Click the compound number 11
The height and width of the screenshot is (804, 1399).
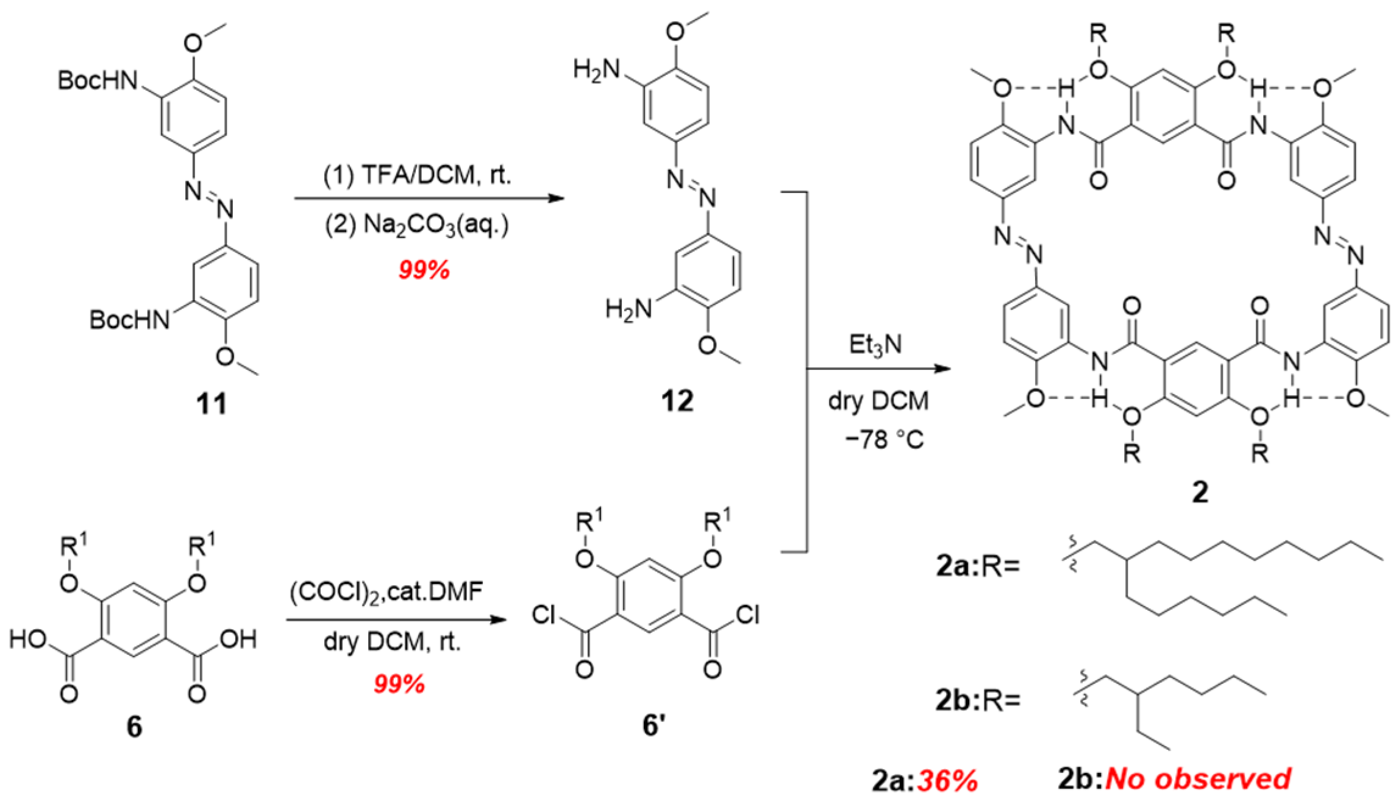pyautogui.click(x=211, y=403)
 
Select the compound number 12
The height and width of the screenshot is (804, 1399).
pyautogui.click(x=677, y=401)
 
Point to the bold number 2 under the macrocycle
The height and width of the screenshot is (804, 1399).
pyautogui.click(x=1200, y=492)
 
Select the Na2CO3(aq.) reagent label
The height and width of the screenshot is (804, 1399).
pyautogui.click(x=417, y=225)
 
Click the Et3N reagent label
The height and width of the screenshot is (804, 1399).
pyautogui.click(x=875, y=345)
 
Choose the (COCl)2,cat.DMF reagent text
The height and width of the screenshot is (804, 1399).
pyautogui.click(x=386, y=591)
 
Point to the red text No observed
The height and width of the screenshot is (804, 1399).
pyautogui.click(x=1198, y=778)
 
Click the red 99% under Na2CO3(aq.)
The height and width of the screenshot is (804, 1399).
pyautogui.click(x=424, y=269)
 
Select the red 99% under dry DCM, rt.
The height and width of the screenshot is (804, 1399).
pyautogui.click(x=399, y=684)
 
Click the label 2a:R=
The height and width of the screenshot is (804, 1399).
pyautogui.click(x=978, y=566)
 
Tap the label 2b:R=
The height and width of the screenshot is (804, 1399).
pyautogui.click(x=978, y=700)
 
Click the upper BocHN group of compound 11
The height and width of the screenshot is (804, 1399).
pyautogui.click(x=98, y=80)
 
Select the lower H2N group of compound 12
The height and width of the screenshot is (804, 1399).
pyautogui.click(x=628, y=309)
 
